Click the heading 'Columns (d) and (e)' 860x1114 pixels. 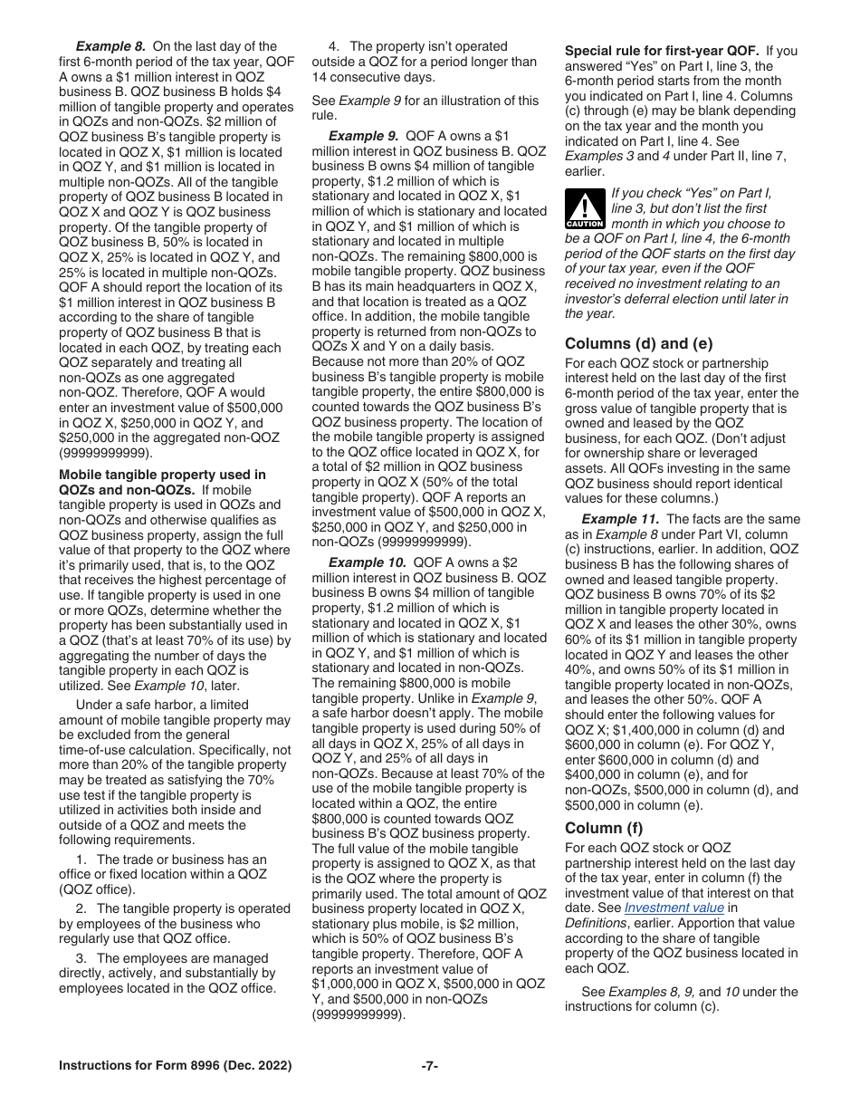coord(639,343)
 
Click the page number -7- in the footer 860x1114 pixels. coord(430,1066)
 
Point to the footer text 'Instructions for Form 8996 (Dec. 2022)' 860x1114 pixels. coord(176,1066)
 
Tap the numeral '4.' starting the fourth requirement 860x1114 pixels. coord(334,46)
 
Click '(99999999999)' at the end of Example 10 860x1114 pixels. coord(358,1015)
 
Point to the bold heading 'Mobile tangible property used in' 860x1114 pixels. coord(162,474)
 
